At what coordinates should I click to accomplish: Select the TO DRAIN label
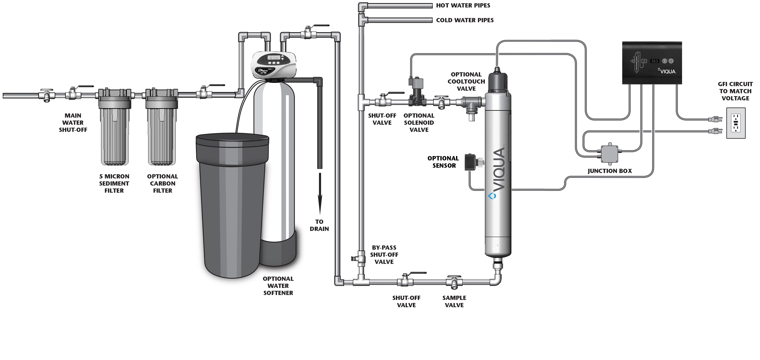[x=319, y=225]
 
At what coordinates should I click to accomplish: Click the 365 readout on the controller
[x=654, y=61]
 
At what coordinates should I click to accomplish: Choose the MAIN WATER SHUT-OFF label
[x=73, y=123]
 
